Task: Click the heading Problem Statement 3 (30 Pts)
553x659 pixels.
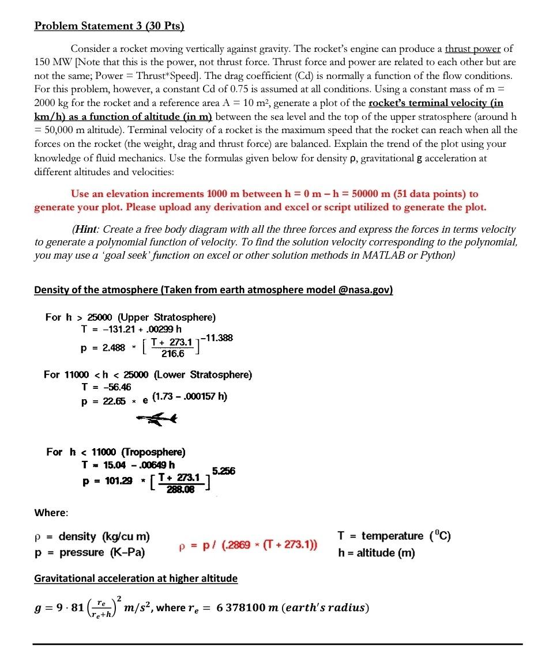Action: tap(109, 26)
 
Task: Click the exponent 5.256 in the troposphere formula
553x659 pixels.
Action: tap(224, 471)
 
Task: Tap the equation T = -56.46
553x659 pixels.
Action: tap(107, 387)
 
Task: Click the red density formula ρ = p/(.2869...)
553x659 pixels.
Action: tap(249, 545)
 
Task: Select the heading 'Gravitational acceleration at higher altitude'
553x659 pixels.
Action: tap(136, 578)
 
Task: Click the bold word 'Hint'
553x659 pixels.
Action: tap(86, 229)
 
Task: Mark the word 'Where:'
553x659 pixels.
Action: tap(51, 513)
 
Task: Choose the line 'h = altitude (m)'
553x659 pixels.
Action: tap(377, 553)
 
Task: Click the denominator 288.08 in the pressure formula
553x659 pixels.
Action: tap(180, 490)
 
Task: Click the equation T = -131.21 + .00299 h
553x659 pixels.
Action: tap(131, 329)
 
